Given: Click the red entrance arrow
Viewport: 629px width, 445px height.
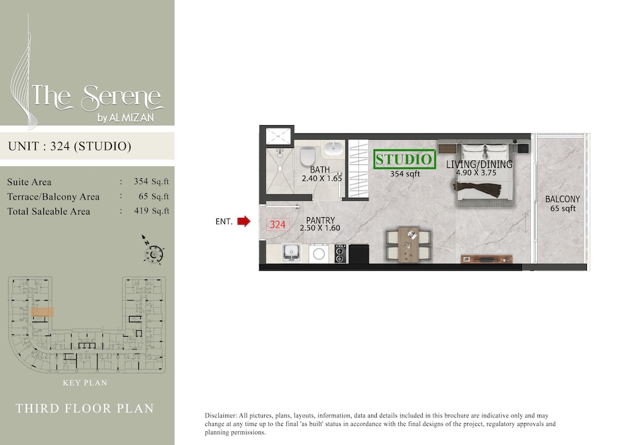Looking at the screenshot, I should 243,221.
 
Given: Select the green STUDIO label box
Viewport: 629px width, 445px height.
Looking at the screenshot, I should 404,159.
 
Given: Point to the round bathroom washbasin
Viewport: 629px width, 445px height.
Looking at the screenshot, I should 333,150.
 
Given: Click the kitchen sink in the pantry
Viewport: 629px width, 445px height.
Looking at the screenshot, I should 291,253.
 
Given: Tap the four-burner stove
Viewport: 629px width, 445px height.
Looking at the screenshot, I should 340,253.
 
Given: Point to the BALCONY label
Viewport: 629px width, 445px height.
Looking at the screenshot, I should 562,200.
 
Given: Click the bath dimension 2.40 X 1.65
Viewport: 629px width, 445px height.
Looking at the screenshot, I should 321,179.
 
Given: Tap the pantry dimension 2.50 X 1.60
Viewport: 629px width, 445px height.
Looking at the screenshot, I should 320,228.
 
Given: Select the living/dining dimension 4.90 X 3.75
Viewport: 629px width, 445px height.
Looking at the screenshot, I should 479,172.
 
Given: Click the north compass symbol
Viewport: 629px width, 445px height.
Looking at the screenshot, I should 153,252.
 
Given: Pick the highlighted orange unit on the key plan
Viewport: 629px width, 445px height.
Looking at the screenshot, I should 42,311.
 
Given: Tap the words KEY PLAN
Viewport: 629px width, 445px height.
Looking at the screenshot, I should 85,383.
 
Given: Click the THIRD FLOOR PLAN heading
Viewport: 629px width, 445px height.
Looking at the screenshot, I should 85,408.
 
